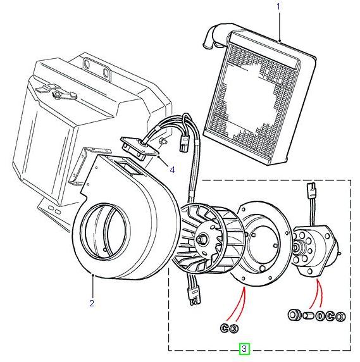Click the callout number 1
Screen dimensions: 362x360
click(277, 8)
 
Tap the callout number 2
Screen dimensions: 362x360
click(92, 303)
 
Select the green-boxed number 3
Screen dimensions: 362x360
click(244, 349)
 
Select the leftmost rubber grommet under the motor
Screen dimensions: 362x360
click(294, 315)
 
